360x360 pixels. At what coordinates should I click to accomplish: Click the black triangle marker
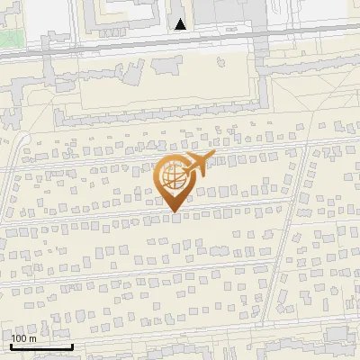pos(181,24)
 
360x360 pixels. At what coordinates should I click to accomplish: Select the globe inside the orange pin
pos(172,175)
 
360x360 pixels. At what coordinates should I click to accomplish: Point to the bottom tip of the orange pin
pos(173,211)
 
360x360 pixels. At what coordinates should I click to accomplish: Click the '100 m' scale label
pos(23,338)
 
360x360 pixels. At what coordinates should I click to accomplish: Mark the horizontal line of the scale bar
pos(41,346)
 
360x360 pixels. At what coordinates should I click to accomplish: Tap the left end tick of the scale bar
pos(11,345)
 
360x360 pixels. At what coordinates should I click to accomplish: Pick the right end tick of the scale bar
pos(72,345)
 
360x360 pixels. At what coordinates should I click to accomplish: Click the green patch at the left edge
pos(7,39)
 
